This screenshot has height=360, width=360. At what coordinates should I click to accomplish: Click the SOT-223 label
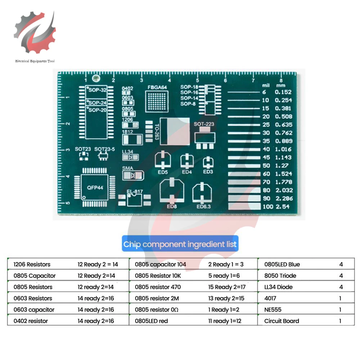[x=204, y=124]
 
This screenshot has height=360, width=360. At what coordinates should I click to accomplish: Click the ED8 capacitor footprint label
[x=172, y=207]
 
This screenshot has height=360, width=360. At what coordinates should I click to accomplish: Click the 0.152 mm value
[x=283, y=92]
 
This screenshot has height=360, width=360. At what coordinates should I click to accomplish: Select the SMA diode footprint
[x=133, y=175]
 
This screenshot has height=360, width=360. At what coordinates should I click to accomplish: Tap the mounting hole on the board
[x=96, y=78]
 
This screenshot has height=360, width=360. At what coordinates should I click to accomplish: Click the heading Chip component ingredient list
[x=180, y=244]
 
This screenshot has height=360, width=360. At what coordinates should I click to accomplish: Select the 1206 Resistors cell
[x=32, y=264]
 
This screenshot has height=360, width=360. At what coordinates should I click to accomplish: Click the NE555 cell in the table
[x=273, y=310]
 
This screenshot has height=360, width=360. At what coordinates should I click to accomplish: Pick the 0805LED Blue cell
[x=282, y=264]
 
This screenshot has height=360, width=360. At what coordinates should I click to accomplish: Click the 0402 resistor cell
[x=31, y=321]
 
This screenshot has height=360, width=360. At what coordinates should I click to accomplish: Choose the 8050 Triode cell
[x=280, y=276]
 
